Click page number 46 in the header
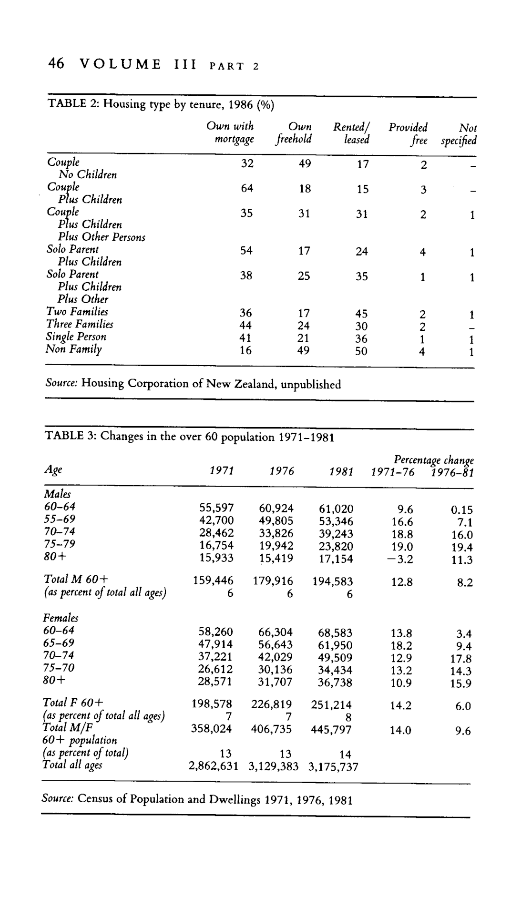coord(56,64)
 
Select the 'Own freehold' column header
coord(294,133)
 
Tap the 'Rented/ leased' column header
coord(352,133)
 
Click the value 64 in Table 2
coord(246,189)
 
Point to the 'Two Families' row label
coord(77,312)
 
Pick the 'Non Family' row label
coord(74,349)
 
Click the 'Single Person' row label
coord(76,337)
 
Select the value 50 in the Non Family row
coord(361,352)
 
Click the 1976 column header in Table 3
coord(282,471)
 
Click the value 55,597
coord(216,509)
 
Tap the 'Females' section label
coord(61,618)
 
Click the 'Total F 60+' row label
coord(73,703)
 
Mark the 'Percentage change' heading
coord(433,460)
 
